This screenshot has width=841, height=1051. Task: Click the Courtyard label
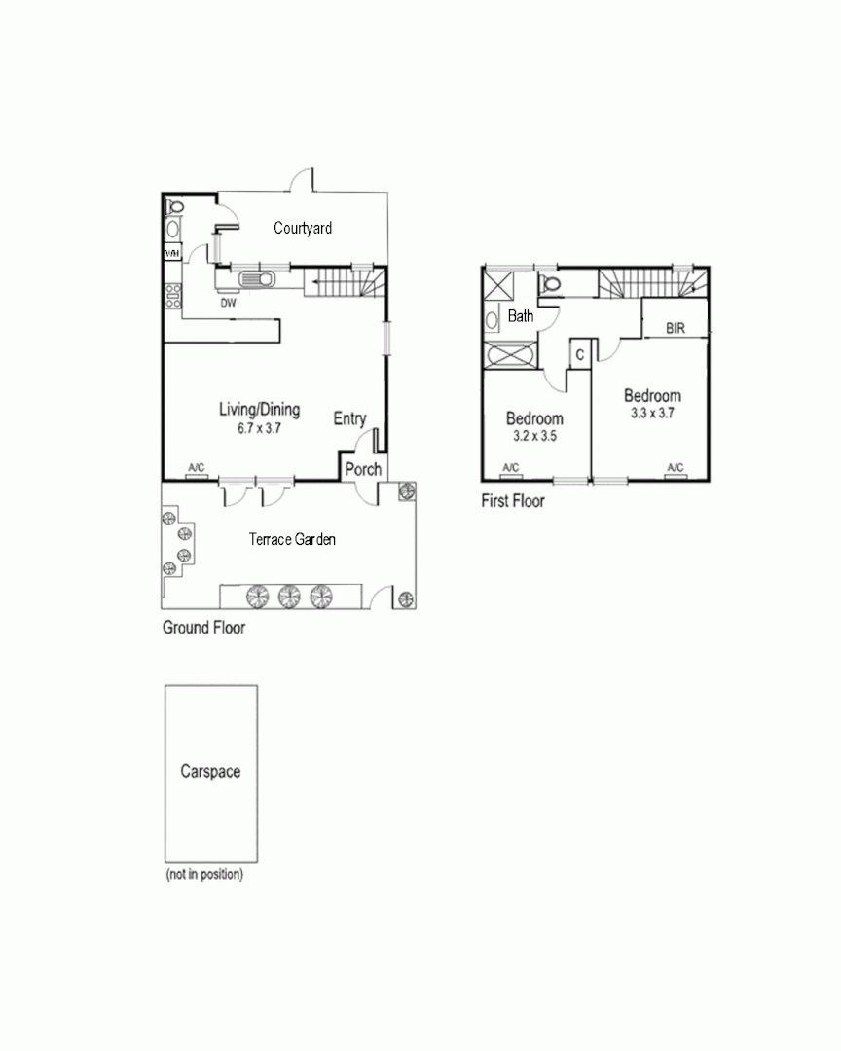pos(303,229)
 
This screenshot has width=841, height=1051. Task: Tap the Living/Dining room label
pos(259,410)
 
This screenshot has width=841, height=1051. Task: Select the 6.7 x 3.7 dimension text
pos(259,428)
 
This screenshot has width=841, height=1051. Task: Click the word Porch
pos(363,470)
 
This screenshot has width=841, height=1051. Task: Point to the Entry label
pos(349,419)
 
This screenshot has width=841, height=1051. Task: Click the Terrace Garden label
pos(292,539)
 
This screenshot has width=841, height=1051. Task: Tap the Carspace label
pos(210,772)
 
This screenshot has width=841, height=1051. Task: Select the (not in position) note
pos(204,875)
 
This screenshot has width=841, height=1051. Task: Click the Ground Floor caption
pos(203,629)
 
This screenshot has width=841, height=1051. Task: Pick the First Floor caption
pos(513,502)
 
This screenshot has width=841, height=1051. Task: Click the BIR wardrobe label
pos(676,329)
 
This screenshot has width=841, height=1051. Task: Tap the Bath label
pos(521,316)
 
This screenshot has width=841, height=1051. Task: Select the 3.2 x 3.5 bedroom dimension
pos(533,437)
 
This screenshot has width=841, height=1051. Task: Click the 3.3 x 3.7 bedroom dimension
pos(652,414)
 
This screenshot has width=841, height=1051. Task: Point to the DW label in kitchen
pos(228,303)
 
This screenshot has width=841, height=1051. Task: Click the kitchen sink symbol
pos(258,280)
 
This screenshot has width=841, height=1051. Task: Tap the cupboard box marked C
pos(579,355)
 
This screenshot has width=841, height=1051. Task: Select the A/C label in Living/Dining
pos(196,469)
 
